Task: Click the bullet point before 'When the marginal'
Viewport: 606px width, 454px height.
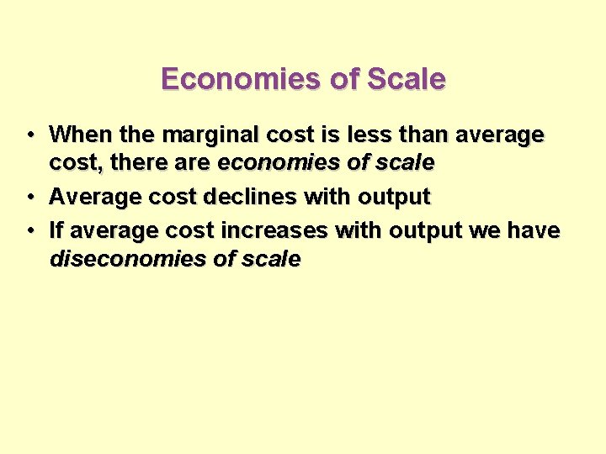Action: tap(29, 135)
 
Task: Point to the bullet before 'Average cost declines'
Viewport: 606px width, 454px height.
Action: tap(29, 198)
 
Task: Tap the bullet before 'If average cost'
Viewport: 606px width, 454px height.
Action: tap(29, 230)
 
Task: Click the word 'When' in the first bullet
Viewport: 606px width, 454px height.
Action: tap(78, 135)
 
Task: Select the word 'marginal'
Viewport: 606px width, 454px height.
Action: tap(202, 135)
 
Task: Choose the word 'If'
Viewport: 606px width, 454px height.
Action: tap(57, 230)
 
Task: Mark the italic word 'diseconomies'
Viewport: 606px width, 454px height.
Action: tap(127, 259)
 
